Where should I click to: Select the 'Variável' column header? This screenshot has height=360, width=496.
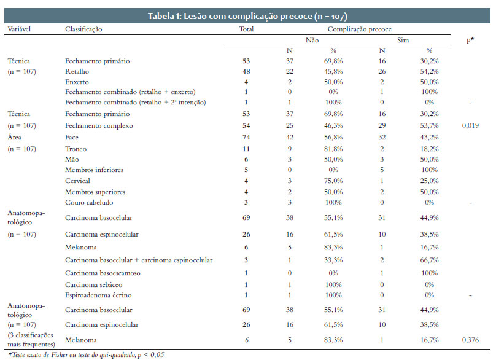click(x=19, y=29)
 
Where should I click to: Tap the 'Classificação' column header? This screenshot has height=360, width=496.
click(x=83, y=29)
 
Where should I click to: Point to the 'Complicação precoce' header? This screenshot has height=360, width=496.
click(x=359, y=29)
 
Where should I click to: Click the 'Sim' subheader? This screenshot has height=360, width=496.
click(x=403, y=40)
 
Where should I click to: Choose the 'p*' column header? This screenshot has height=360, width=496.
click(x=470, y=40)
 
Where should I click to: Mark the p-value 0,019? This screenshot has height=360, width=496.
click(x=470, y=125)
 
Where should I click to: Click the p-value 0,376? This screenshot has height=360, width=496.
click(x=470, y=340)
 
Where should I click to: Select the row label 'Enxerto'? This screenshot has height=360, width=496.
click(x=77, y=82)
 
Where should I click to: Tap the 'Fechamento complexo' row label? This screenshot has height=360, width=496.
click(x=99, y=126)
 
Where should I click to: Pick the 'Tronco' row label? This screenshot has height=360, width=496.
click(x=76, y=149)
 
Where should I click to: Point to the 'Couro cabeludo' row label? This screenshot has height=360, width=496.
click(x=89, y=202)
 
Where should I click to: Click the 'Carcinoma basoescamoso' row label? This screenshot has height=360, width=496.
click(x=103, y=273)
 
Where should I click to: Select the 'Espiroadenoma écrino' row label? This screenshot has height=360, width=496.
click(x=98, y=295)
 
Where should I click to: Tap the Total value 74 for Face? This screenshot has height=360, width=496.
click(x=246, y=137)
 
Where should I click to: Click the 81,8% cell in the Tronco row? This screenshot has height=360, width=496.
click(x=333, y=149)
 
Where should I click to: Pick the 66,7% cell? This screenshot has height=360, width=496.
click(x=429, y=260)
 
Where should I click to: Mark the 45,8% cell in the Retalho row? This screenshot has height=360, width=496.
click(x=333, y=71)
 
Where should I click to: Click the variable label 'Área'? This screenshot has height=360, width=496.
click(x=15, y=137)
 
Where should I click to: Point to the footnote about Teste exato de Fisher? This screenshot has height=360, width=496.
click(x=86, y=354)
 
